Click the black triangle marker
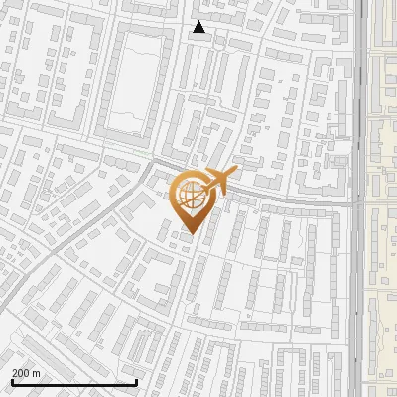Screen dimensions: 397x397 (199, 28)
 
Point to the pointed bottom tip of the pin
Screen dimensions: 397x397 (193, 235)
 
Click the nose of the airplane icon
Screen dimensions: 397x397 (233, 172)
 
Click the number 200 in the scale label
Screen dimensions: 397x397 (21, 373)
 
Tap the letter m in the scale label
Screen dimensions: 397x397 (37, 373)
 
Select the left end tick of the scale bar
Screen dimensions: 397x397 (12, 381)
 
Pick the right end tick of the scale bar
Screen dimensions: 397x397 (136, 381)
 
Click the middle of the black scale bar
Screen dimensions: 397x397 (74, 382)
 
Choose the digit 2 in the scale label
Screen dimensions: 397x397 (15, 373)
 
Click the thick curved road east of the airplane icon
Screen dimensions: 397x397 (288, 194)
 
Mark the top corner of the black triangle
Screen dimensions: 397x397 (199, 22)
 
